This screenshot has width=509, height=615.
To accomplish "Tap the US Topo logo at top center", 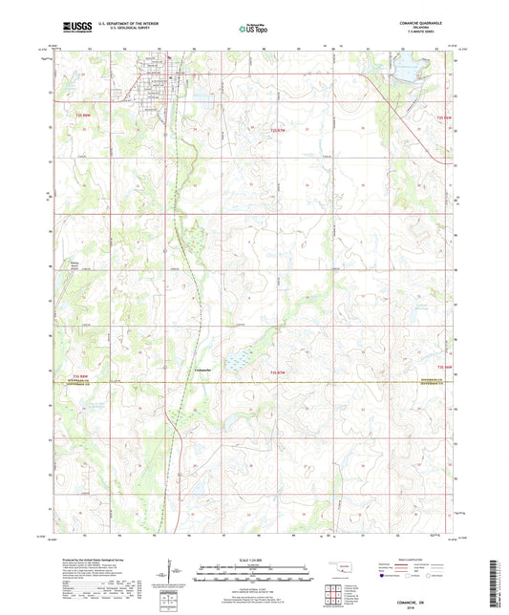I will pyautogui.click(x=253, y=29).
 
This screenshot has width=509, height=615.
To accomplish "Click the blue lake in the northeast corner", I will pyautogui.click(x=406, y=68).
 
